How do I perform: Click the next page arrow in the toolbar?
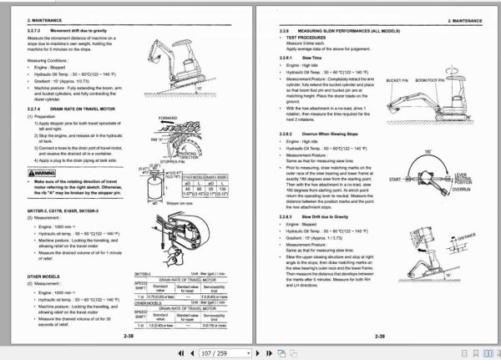click(308, 353)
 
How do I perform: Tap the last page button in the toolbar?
click(323, 353)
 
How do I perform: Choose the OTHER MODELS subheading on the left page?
click(40, 275)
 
